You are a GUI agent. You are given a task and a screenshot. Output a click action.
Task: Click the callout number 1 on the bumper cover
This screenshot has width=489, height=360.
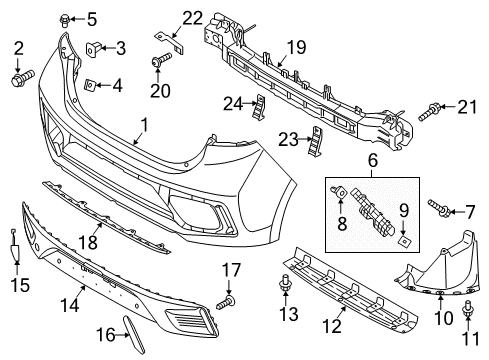[x=144, y=126]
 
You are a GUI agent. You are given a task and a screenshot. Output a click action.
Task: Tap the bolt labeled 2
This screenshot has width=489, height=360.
[x=22, y=75]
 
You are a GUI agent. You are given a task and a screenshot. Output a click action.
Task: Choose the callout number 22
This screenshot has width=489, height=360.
[x=191, y=17]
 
